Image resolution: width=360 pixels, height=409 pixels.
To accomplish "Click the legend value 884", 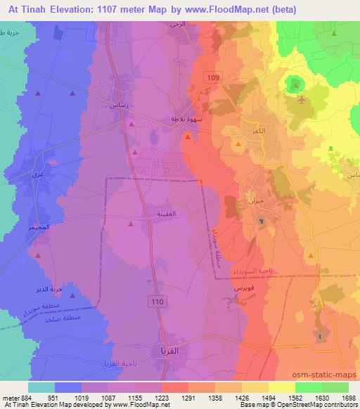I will point(18,398).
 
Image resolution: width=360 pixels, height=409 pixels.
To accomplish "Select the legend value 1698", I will point(347,398).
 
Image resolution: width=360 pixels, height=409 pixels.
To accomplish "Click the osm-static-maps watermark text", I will point(326,375).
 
